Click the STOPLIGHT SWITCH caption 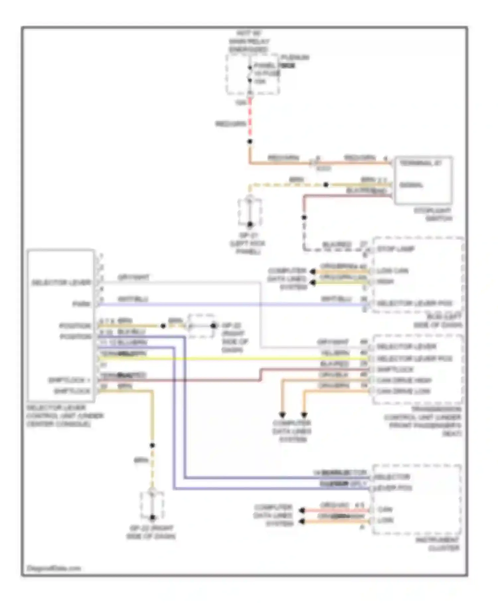click(432, 214)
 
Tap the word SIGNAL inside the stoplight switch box click(411, 185)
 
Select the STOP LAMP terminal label click(395, 249)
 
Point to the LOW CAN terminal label click(392, 271)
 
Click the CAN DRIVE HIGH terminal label click(404, 380)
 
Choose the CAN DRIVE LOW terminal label click(403, 391)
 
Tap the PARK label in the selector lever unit click(82, 304)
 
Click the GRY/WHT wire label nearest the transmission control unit click(333, 342)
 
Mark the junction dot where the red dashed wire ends click(250, 142)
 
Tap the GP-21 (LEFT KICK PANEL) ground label click(247, 244)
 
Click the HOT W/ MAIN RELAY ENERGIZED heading click(249, 42)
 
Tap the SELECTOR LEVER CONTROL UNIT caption click(65, 416)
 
